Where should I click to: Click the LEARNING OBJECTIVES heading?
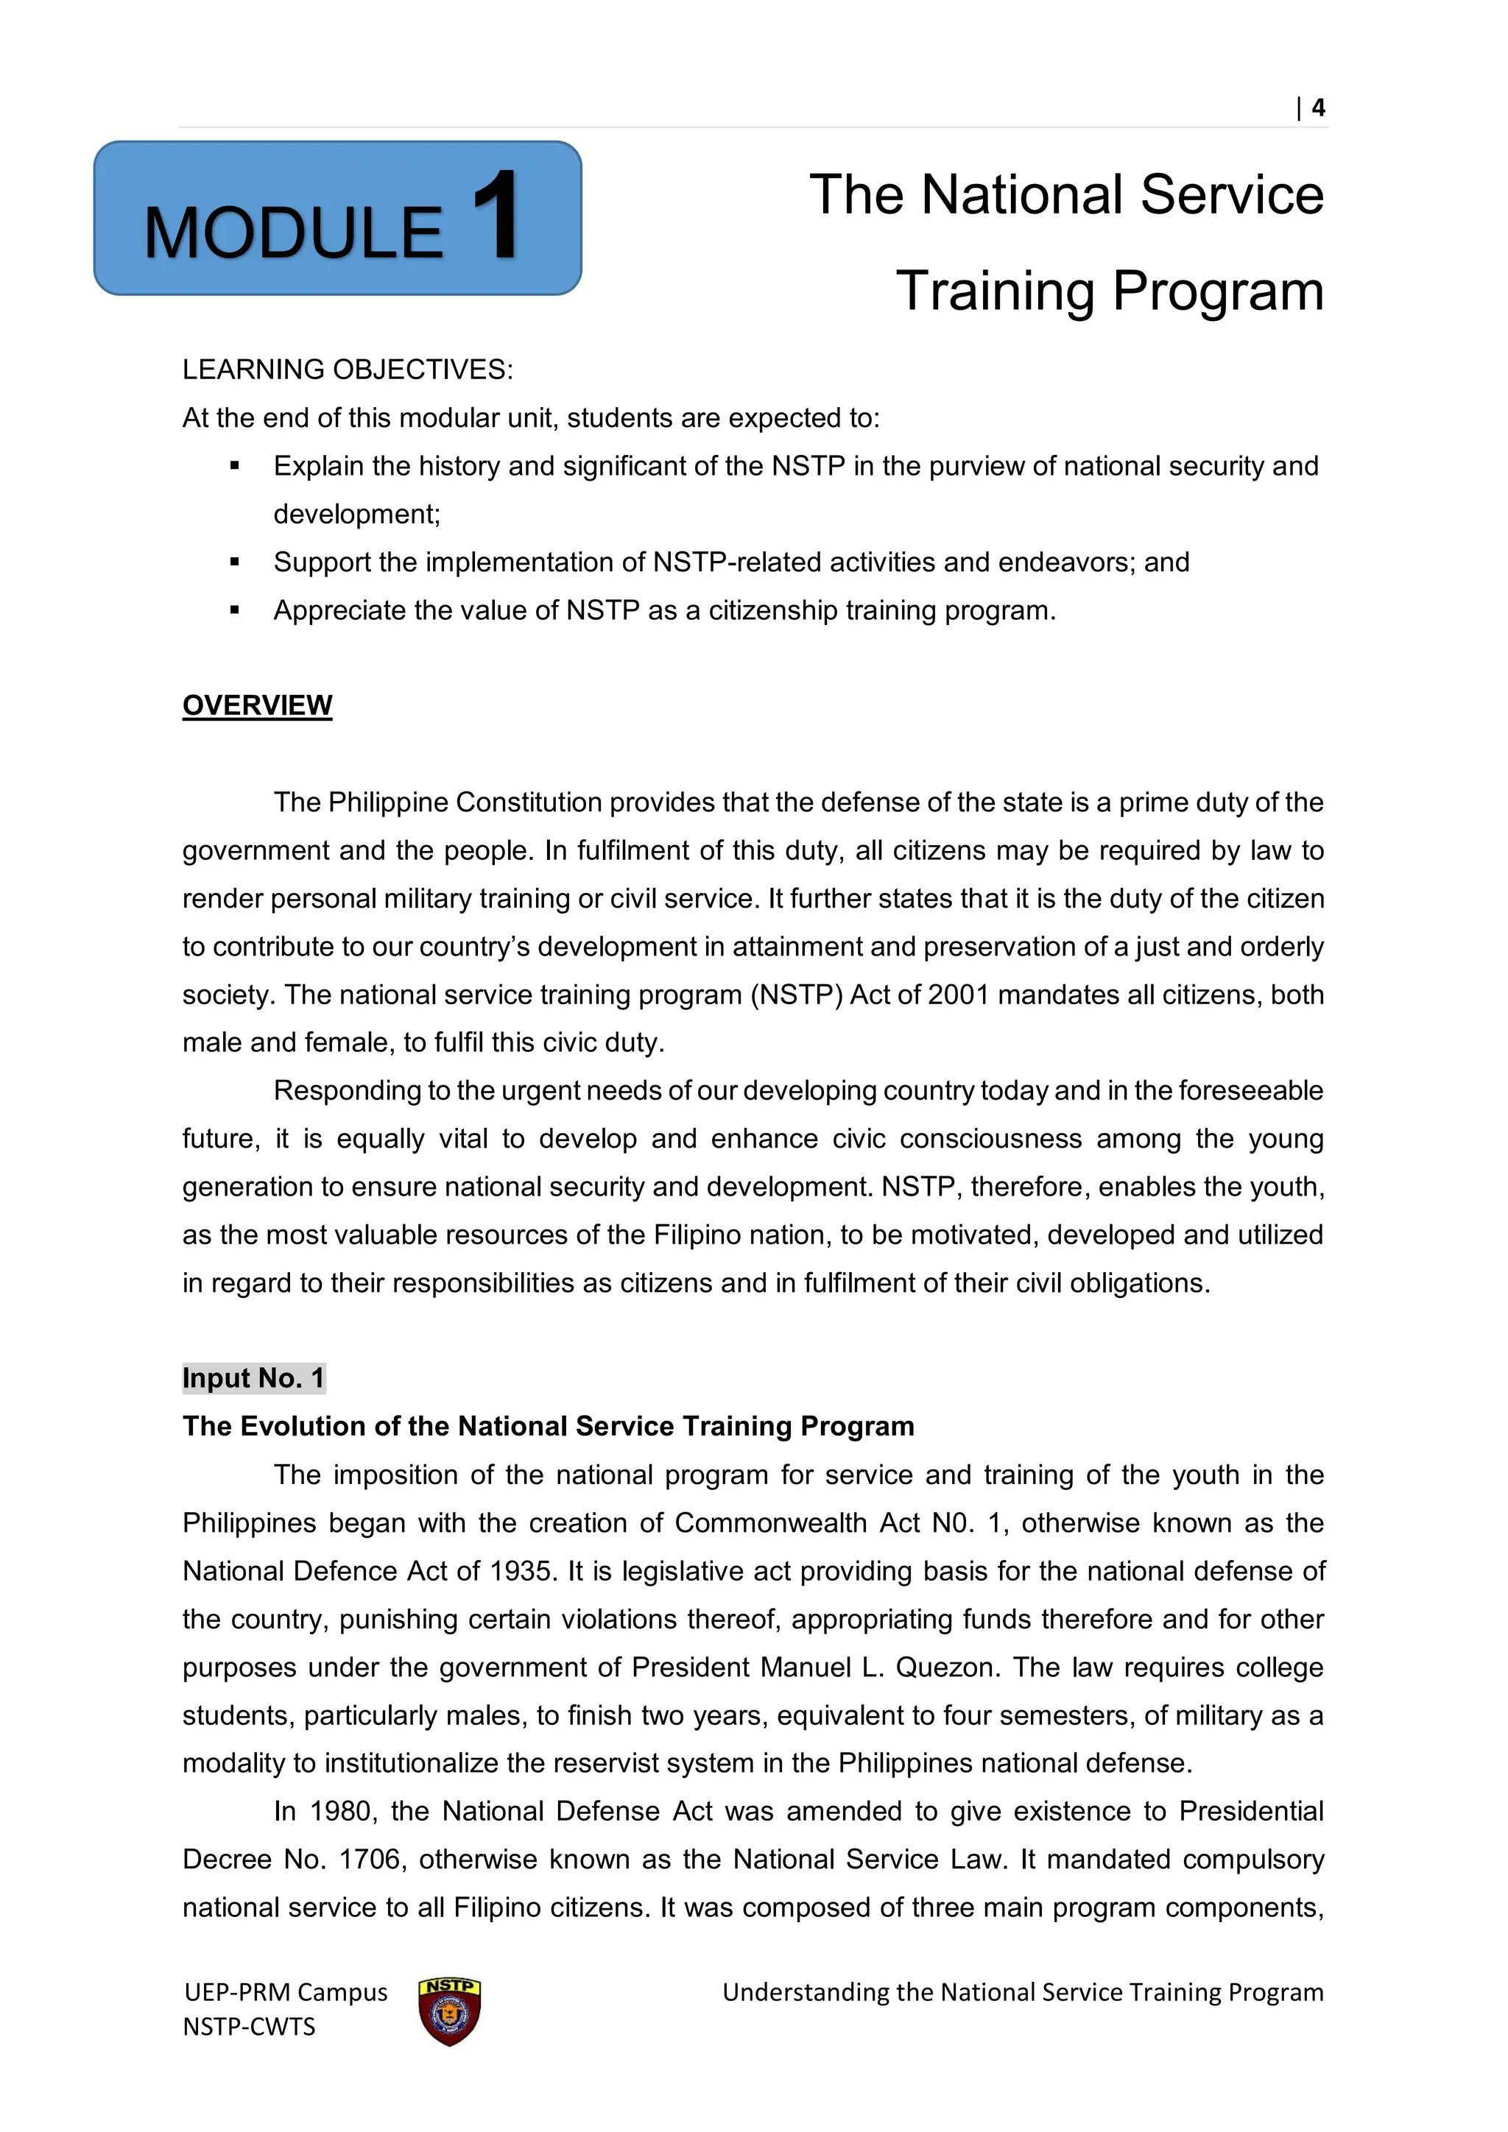(348, 370)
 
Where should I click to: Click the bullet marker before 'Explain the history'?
(235, 466)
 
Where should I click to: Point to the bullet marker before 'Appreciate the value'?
(235, 611)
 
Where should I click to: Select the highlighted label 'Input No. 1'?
(253, 1378)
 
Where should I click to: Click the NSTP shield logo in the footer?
(449, 2012)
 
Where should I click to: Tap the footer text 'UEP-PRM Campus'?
(285, 1993)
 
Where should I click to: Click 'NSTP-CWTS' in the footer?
(249, 2026)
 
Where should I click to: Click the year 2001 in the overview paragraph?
(958, 995)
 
